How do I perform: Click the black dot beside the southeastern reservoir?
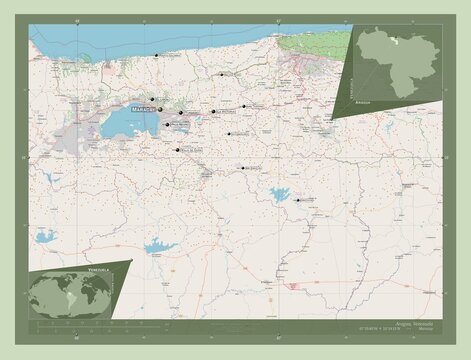pyautogui.click(x=297, y=199)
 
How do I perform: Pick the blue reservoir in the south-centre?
pyautogui.click(x=159, y=245)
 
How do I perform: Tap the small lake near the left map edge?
pyautogui.click(x=44, y=237)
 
